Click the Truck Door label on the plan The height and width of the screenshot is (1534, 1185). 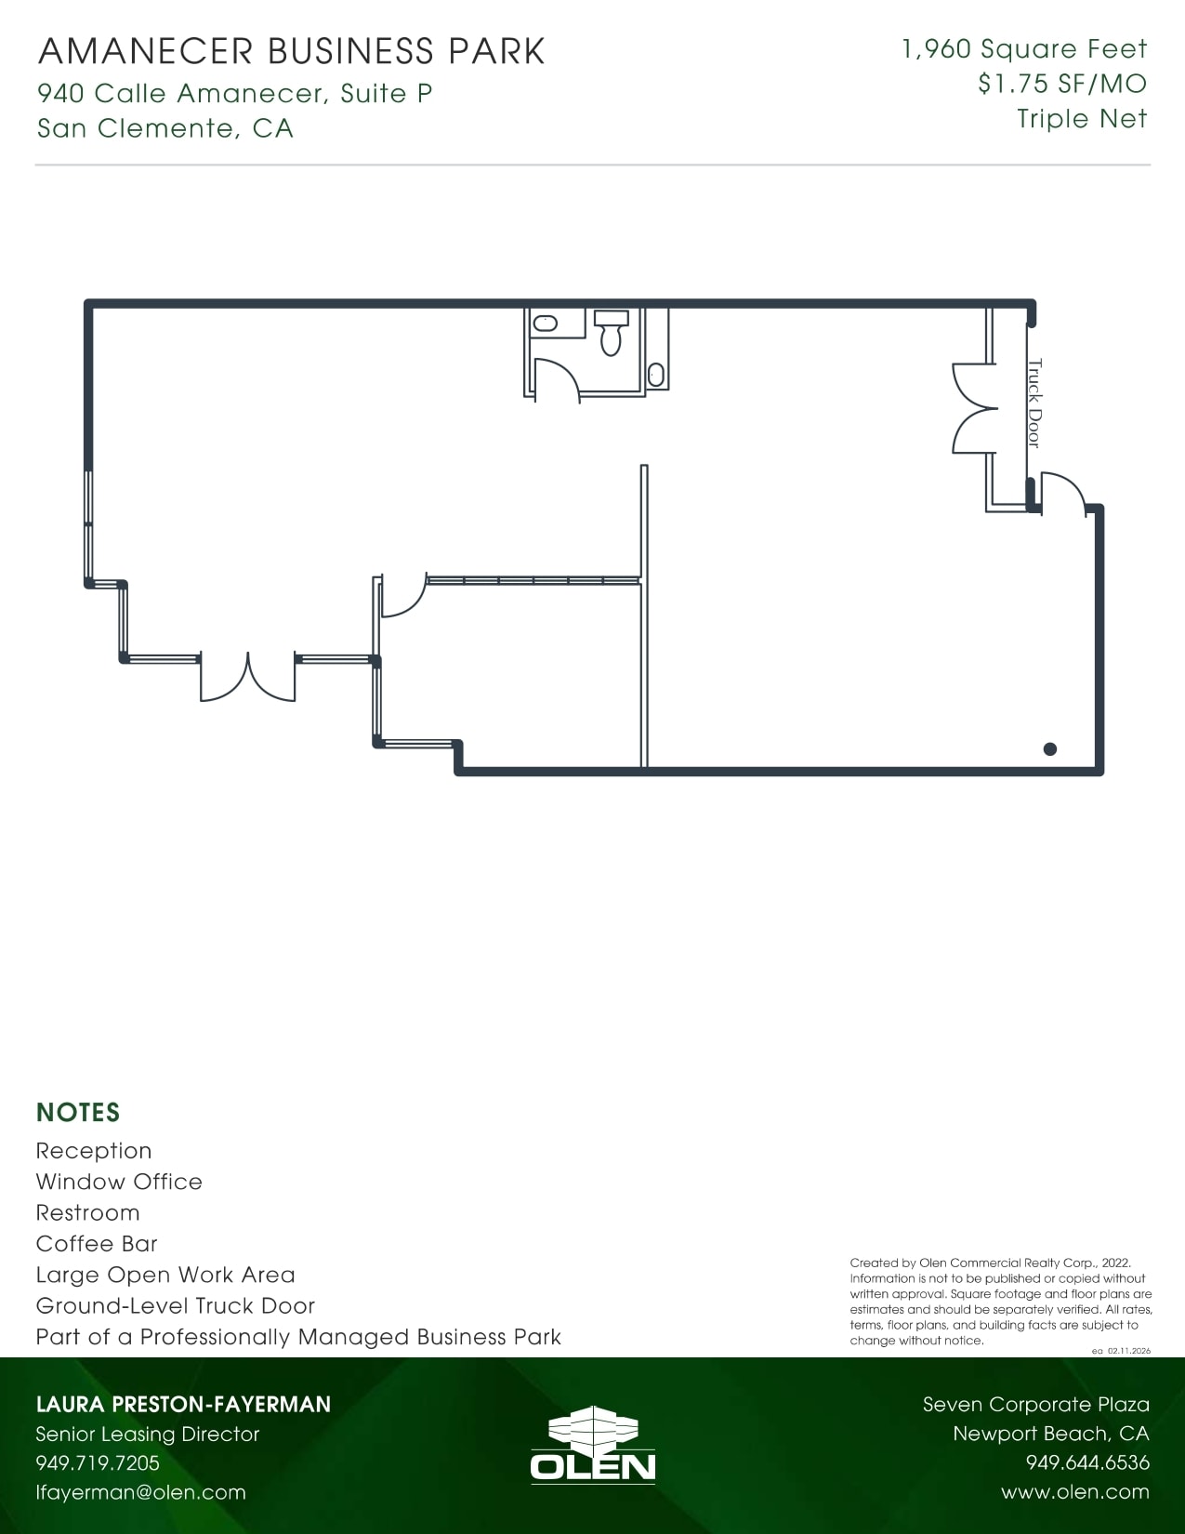(x=1034, y=403)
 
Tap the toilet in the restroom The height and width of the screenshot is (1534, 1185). (x=611, y=333)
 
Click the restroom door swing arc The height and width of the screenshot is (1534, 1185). (x=560, y=377)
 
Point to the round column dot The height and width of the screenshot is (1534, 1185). (x=1050, y=749)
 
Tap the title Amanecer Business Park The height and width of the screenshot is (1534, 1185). (x=292, y=52)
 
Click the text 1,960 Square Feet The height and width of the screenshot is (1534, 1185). (x=1024, y=49)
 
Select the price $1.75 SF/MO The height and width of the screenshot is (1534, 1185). (x=1062, y=84)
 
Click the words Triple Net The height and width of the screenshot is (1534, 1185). (x=1082, y=119)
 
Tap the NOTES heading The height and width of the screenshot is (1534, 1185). (x=78, y=1113)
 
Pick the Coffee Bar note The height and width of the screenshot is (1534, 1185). (x=97, y=1244)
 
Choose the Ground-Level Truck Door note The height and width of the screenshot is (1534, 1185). (x=176, y=1306)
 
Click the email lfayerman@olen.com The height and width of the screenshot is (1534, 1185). (x=141, y=1492)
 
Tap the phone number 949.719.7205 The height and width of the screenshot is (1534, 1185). (x=98, y=1463)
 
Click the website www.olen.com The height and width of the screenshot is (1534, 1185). (x=1075, y=1492)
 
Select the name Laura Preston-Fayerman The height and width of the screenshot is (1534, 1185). (x=183, y=1404)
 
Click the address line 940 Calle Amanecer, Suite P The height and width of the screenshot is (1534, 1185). (x=235, y=93)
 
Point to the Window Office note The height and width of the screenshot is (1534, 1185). (x=119, y=1182)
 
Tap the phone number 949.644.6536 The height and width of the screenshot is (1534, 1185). (x=1087, y=1463)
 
